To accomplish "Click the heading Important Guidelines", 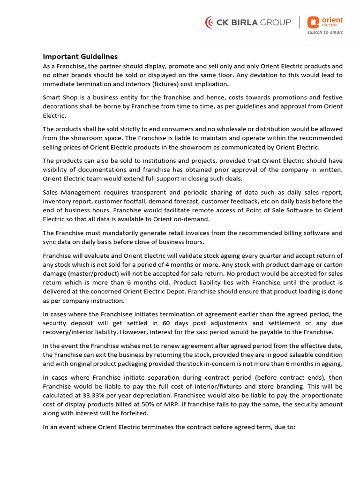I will point(80,57).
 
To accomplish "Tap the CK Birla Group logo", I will point(248,22).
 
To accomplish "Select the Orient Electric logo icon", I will point(313,22).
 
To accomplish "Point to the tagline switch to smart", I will point(325,32).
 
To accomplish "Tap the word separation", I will point(172,377).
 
